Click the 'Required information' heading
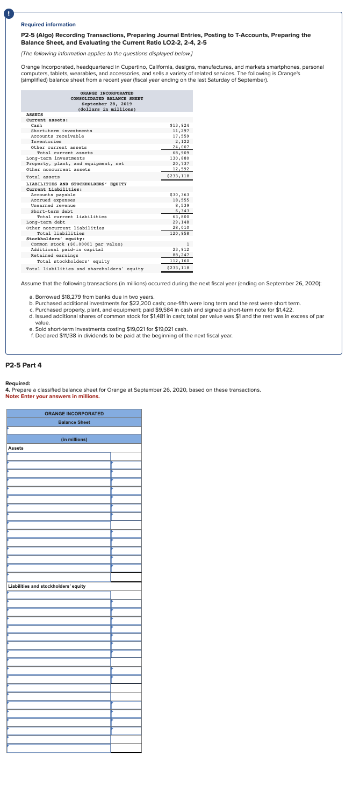(48, 24)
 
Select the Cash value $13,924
(179, 125)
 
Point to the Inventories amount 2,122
(183, 141)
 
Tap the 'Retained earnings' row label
(54, 255)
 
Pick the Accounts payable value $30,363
(179, 194)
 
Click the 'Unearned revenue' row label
(53, 205)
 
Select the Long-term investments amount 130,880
(181, 158)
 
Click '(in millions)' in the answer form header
(74, 439)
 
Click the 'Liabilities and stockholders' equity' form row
(47, 586)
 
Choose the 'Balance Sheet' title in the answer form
(74, 422)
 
